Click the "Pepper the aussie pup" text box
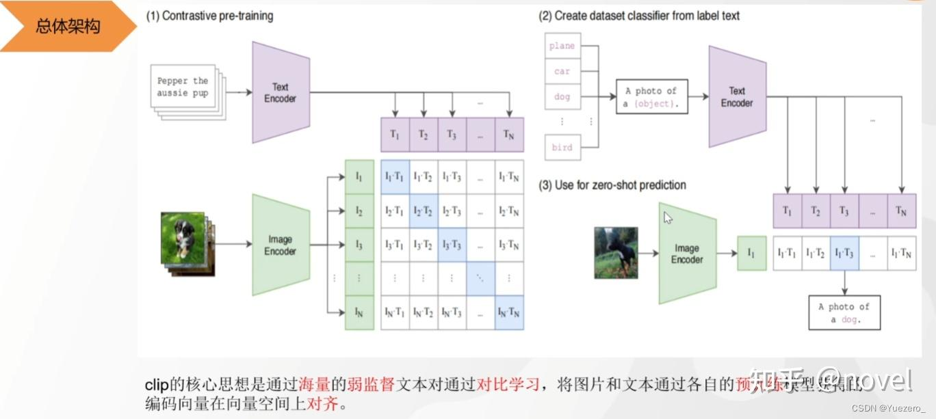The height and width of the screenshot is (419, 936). tap(182, 87)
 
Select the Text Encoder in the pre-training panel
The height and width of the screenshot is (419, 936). tap(281, 93)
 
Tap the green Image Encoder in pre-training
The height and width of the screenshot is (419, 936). tap(281, 245)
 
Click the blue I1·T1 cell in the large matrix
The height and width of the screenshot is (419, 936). tap(394, 176)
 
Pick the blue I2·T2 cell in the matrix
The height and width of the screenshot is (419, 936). tap(423, 211)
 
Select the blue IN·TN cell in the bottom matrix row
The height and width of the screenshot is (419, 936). tap(509, 313)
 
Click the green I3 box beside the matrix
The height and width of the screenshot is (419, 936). tap(359, 245)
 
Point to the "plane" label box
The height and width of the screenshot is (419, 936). tap(562, 46)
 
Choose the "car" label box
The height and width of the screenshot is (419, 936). tap(562, 71)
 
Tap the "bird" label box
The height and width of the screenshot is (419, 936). tap(562, 148)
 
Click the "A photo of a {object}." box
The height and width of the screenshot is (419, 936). tap(651, 97)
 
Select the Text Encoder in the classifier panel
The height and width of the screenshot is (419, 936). tap(737, 97)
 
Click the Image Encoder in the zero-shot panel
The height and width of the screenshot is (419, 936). tap(687, 254)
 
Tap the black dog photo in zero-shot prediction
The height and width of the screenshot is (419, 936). tap(616, 253)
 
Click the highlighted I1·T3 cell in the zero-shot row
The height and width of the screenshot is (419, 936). tap(844, 253)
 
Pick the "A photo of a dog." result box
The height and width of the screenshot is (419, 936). tap(844, 313)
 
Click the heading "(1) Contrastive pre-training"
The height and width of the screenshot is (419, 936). tap(209, 16)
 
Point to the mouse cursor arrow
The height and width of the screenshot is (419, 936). tap(667, 217)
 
